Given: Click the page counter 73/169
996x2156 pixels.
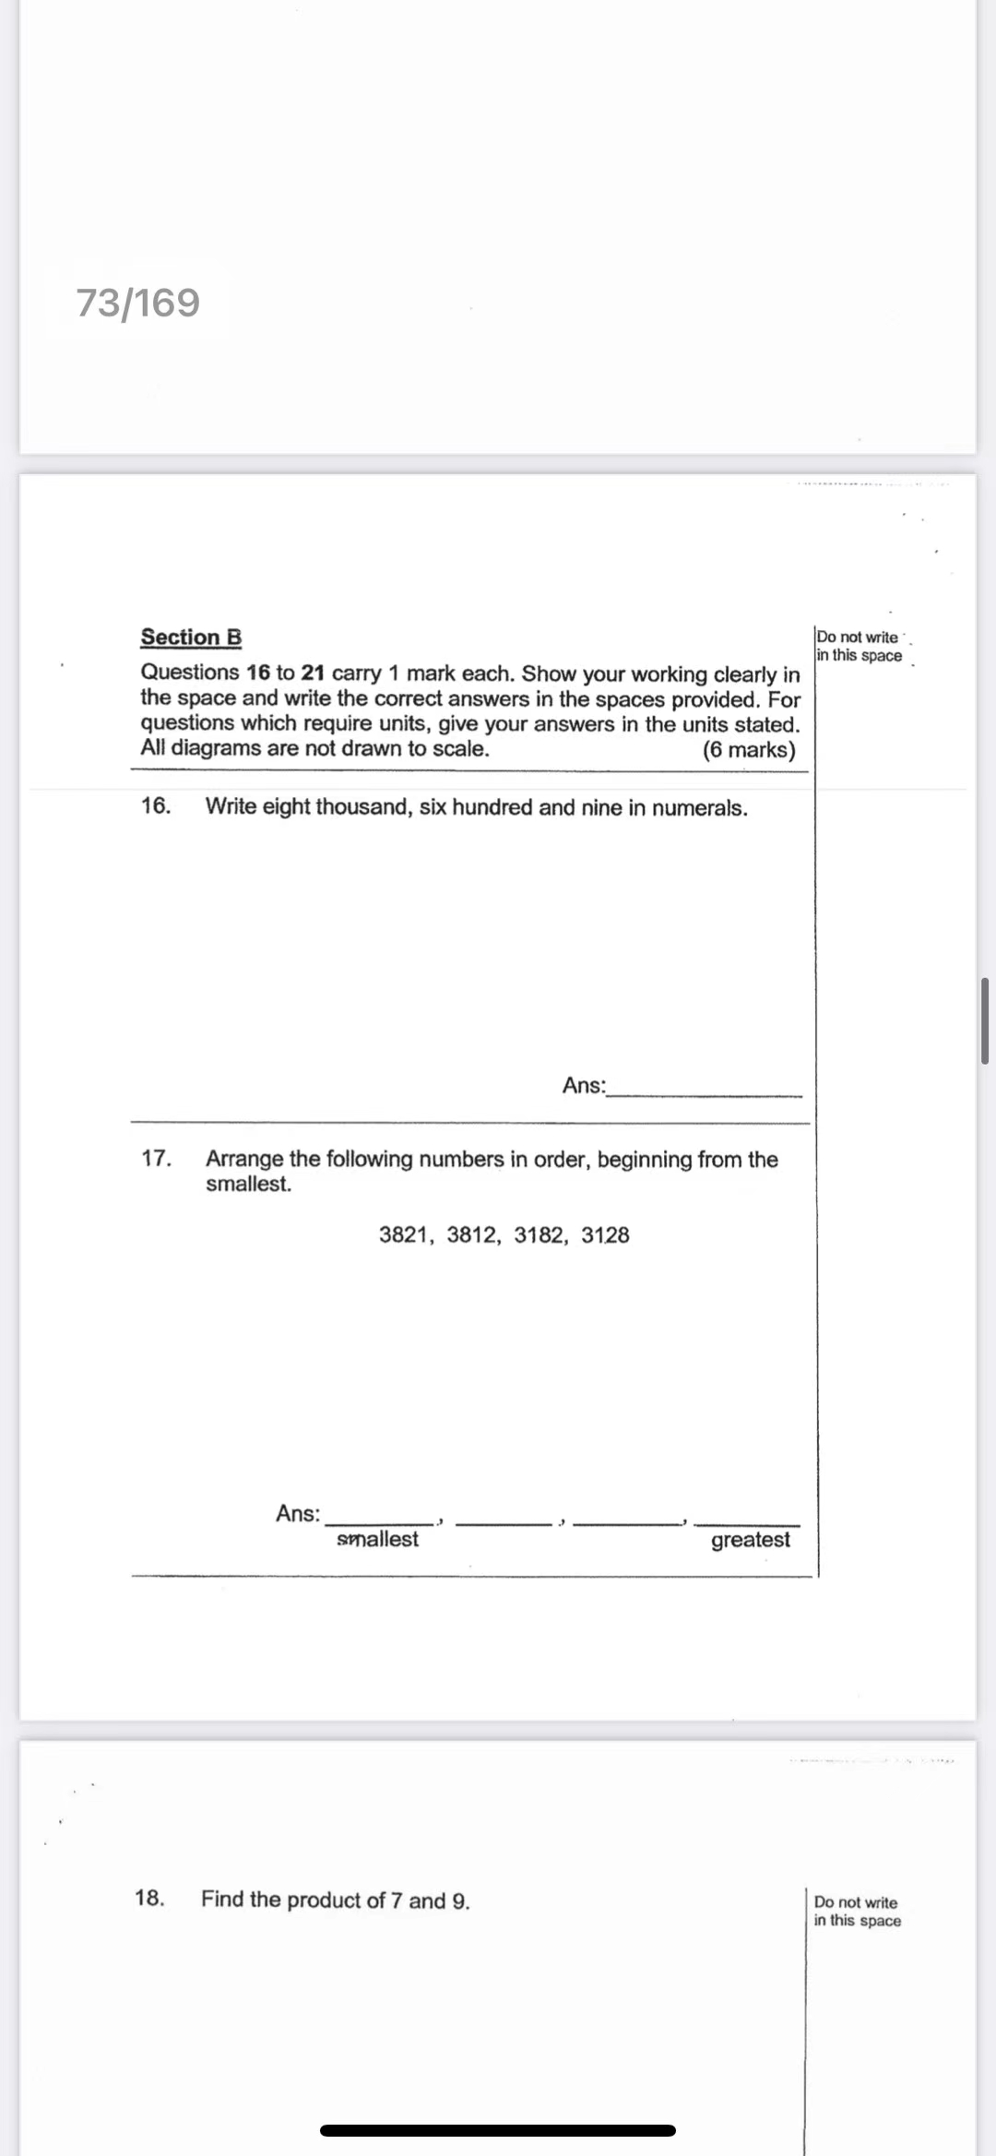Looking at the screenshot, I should pos(137,303).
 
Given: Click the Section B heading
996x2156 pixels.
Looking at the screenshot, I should pos(191,637).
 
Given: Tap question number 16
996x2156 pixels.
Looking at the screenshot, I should pos(155,805).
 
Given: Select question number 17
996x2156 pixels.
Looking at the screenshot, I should pos(155,1158).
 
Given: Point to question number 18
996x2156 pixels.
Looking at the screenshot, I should pos(149,1898).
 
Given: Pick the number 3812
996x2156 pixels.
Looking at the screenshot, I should pos(471,1234).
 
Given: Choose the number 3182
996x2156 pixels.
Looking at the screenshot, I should pos(539,1234).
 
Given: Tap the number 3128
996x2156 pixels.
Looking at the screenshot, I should pos(605,1234).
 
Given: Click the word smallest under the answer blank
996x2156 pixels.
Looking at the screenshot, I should pos(377,1539).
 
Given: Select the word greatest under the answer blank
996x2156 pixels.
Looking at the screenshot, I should pos(750,1540).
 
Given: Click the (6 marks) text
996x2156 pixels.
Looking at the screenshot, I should pos(748,749).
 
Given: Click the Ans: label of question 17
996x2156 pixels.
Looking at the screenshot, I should pos(297,1513).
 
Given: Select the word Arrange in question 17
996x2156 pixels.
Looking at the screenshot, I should pos(244,1159).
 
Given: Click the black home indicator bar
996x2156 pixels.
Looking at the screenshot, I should pos(498,2130).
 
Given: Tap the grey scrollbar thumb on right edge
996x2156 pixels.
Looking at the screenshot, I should pos(985,1020).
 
